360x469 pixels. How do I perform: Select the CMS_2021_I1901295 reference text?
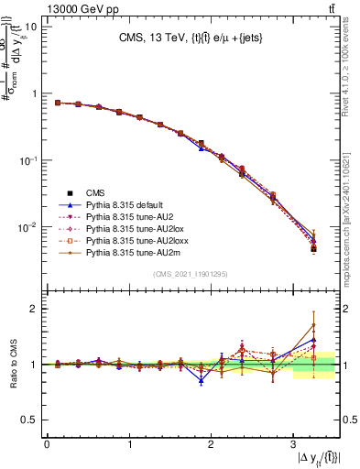click(191, 274)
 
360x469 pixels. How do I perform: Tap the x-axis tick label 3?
click(292, 444)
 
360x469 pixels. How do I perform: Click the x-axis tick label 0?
click(47, 444)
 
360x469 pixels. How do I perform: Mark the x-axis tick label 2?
click(211, 444)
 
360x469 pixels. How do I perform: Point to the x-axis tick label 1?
click(129, 444)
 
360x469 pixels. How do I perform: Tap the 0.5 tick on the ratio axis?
click(30, 420)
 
